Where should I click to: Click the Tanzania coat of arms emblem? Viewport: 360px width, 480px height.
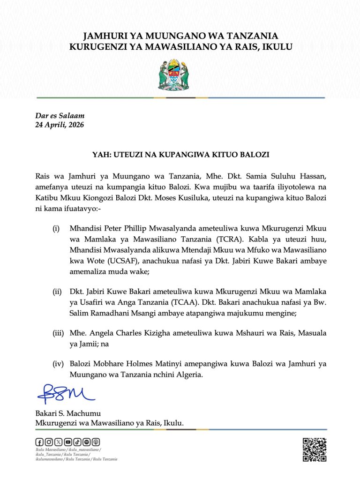click(180, 75)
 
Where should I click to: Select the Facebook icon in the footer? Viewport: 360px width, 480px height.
click(40, 442)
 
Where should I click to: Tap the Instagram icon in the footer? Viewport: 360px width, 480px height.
click(49, 442)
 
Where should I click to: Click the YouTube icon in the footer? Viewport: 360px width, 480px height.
click(68, 442)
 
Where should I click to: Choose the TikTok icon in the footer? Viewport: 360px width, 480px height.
click(77, 442)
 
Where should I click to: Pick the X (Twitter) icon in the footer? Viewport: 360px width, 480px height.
click(58, 442)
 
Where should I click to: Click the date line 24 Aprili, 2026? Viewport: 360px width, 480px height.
click(60, 125)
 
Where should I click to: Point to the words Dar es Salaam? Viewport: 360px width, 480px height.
click(60, 116)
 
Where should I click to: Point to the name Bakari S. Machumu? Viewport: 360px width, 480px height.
click(68, 414)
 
